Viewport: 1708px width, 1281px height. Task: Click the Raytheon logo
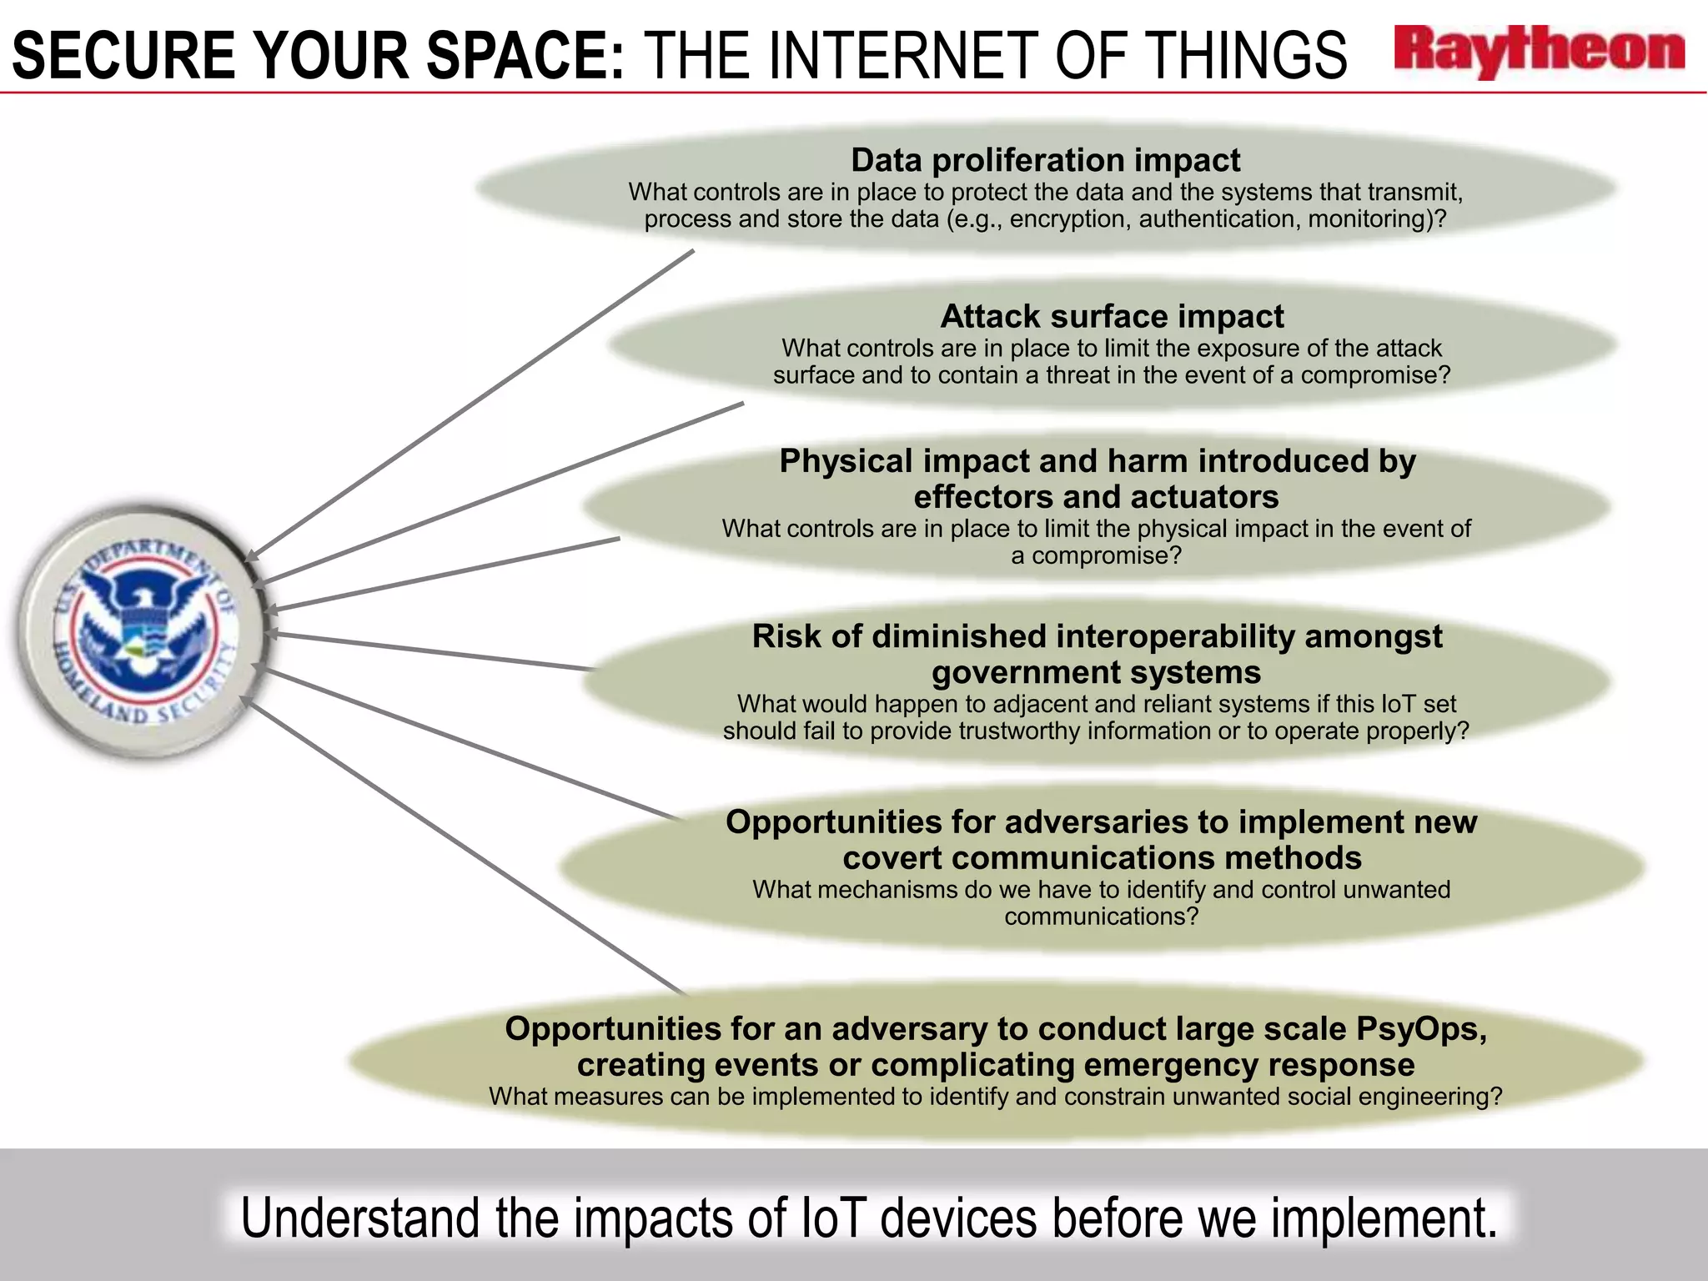coord(1539,52)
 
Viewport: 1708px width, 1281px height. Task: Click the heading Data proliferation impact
coord(1045,160)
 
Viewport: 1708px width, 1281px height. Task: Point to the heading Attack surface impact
coord(1112,317)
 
